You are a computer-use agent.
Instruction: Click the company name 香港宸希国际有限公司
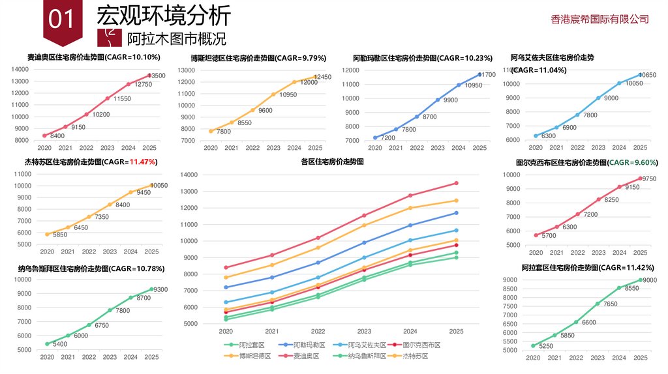[600, 19]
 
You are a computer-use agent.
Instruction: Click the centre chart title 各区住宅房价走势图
[332, 162]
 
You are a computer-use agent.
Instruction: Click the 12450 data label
[322, 77]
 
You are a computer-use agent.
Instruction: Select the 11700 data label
[486, 75]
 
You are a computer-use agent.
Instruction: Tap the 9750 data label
[649, 179]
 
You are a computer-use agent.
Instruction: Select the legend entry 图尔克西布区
[421, 345]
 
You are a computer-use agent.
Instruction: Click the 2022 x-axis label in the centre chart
[318, 332]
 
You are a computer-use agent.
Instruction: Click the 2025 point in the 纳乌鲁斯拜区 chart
[151, 289]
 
